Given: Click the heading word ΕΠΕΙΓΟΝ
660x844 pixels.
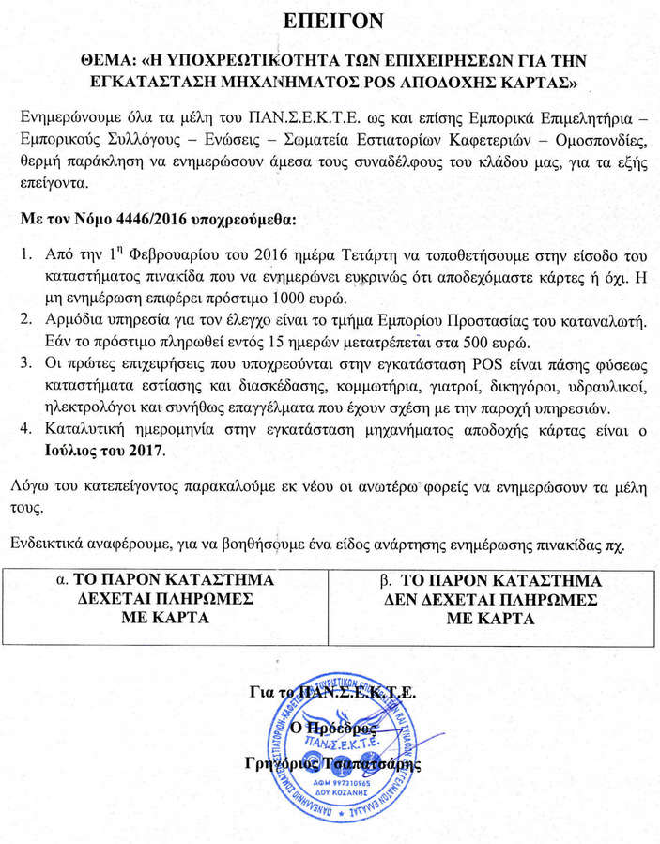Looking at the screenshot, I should coord(330,21).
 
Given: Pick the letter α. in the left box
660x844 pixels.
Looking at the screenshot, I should coord(65,579).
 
